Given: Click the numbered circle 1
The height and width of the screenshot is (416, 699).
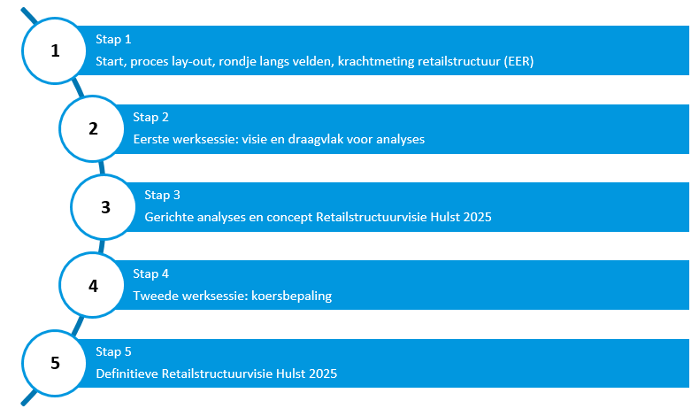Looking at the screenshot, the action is tap(54, 50).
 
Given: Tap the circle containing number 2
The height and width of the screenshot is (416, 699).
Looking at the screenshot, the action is tap(92, 128).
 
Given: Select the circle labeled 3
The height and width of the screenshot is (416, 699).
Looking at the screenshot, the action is tap(104, 207).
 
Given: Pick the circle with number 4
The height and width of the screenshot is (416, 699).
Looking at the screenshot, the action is tap(92, 285).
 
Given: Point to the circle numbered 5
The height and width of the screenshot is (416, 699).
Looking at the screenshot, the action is tap(54, 363).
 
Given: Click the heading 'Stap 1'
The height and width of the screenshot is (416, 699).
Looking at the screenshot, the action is tap(113, 39).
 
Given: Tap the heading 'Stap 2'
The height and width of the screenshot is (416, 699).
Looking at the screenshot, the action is tap(150, 117).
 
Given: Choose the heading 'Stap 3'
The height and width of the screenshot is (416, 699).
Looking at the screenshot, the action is tap(162, 196).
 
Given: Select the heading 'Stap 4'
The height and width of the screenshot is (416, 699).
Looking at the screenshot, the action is tap(150, 273).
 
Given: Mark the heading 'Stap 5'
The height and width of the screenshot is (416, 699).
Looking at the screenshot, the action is tap(113, 351).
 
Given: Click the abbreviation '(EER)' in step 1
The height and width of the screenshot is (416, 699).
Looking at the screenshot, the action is tap(518, 62).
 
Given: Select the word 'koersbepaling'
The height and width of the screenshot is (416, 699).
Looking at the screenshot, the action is tap(292, 296).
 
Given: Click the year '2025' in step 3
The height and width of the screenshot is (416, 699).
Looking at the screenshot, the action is tap(477, 217).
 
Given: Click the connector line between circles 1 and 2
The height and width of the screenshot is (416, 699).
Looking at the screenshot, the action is tap(79, 89).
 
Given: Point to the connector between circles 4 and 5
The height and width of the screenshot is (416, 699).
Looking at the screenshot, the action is tap(78, 326).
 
